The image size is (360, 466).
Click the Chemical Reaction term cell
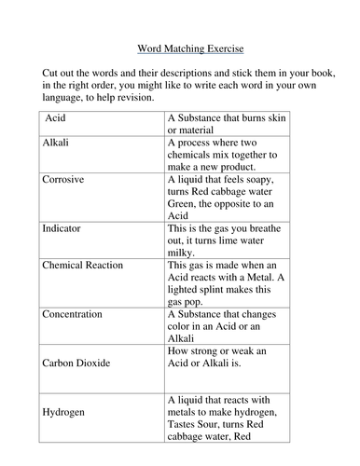pos(82,266)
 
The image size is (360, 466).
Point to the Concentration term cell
pos(72,314)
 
